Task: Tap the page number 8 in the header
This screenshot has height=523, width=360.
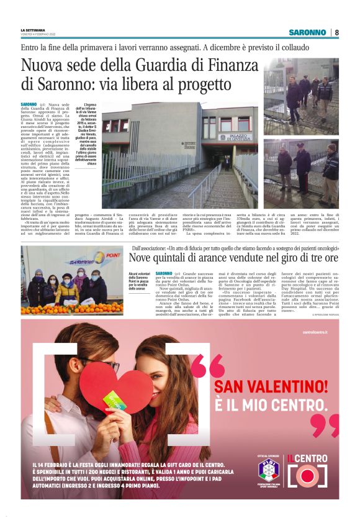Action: [x=336, y=32]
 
